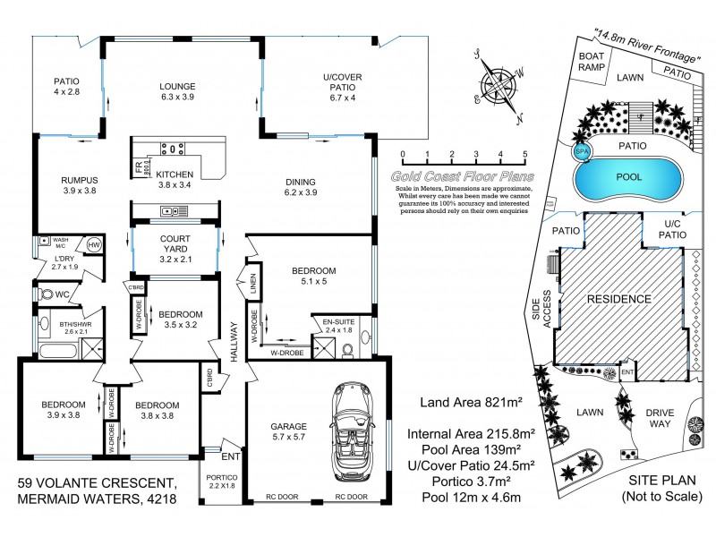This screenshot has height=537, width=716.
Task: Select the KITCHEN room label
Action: click(x=175, y=175)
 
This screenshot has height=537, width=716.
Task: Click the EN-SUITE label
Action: click(x=339, y=325)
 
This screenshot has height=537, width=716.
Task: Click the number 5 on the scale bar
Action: click(x=524, y=154)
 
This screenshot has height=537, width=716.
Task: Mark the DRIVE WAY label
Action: click(x=661, y=419)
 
